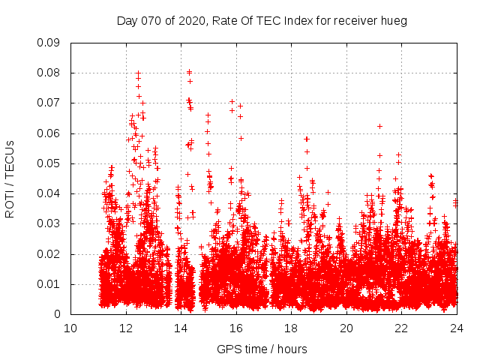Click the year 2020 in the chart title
193,21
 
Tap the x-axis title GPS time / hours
262,349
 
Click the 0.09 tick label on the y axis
52,43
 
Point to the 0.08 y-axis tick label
52,73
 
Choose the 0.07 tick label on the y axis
52,103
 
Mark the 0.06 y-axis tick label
52,133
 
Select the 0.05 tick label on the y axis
52,163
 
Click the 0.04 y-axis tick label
52,193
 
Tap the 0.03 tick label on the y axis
52,223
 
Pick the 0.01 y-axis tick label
52,284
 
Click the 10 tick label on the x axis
70,328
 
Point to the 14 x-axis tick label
181,328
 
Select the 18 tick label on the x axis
291,328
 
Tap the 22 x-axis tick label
401,328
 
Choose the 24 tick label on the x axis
456,328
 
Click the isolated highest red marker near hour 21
379,126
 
